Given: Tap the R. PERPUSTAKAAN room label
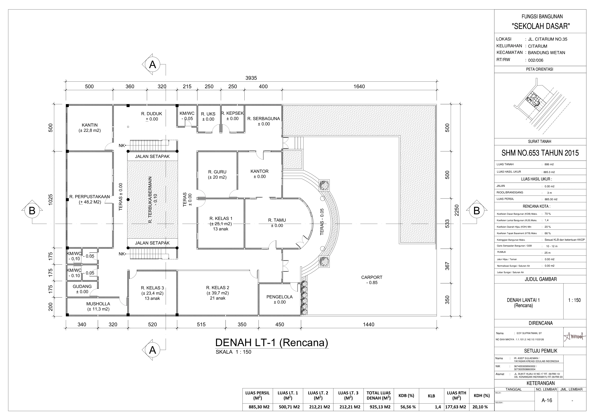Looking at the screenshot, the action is pos(90,197).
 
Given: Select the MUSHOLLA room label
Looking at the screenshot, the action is pos(98,304).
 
